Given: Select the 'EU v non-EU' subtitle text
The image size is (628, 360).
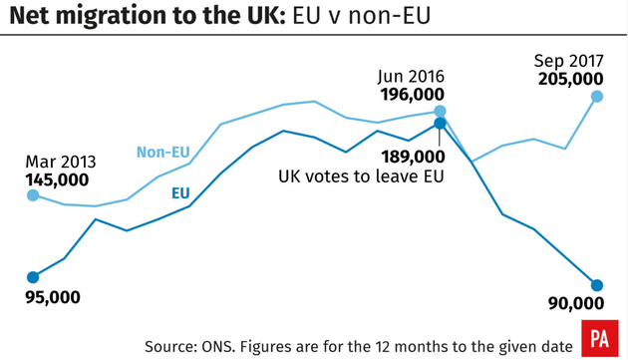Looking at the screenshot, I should [351, 17].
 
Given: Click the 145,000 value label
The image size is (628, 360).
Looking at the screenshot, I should [58, 180].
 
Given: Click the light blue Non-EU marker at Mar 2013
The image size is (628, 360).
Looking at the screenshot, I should [33, 195].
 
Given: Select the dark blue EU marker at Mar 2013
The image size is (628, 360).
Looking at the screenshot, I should [33, 277].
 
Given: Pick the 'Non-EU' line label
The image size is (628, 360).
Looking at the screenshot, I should [162, 153].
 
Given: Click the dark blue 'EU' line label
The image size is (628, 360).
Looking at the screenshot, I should [181, 192].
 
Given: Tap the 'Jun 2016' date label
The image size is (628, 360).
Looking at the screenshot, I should [411, 76].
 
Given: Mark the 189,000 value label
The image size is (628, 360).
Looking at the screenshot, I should [412, 157].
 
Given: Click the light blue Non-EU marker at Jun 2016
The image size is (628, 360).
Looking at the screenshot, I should [440, 112].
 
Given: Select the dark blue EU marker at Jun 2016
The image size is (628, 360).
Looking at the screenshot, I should [440, 125].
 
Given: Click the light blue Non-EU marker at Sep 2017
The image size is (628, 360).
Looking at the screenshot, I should [597, 97].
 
